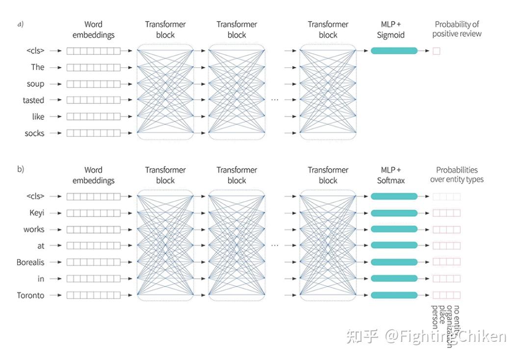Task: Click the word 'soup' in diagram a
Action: pyautogui.click(x=35, y=84)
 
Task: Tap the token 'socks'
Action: pyautogui.click(x=34, y=133)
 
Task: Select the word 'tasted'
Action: pyautogui.click(x=33, y=101)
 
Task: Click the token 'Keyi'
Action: pyautogui.click(x=37, y=213)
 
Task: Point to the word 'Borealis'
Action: pyautogui.click(x=30, y=262)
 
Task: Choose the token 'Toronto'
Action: pyautogui.click(x=30, y=295)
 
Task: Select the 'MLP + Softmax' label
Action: pyautogui.click(x=391, y=175)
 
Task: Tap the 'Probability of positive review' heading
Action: pyautogui.click(x=457, y=29)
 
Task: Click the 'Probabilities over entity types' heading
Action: pyautogui.click(x=457, y=175)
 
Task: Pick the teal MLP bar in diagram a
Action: pyautogui.click(x=394, y=51)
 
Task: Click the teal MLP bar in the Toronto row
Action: pyautogui.click(x=394, y=295)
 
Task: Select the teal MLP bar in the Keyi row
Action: pyautogui.click(x=394, y=213)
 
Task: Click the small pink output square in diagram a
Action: pyautogui.click(x=436, y=51)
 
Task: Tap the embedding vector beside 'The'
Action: pyautogui.click(x=93, y=67)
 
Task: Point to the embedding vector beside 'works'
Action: pyautogui.click(x=93, y=229)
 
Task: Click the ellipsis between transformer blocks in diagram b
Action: pyautogui.click(x=275, y=245)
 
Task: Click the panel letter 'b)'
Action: pyautogui.click(x=21, y=169)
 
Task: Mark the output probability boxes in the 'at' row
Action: pyautogui.click(x=446, y=246)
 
